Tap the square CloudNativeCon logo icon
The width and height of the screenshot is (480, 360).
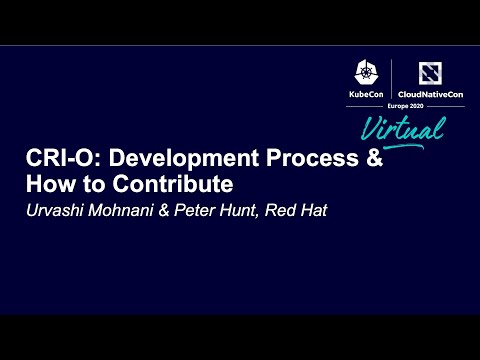[x=430, y=71]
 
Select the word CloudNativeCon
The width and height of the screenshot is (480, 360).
[x=430, y=93]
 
